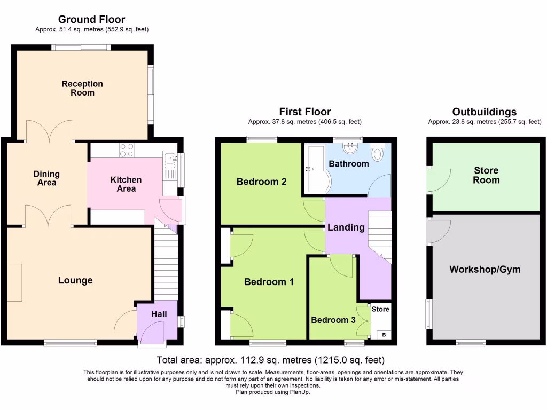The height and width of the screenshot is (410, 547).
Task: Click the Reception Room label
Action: pos(82,88)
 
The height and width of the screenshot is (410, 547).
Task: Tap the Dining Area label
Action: pos(46,178)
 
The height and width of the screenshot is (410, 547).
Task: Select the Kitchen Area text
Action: pos(126,184)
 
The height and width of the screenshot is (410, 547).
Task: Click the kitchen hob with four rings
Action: pos(127,151)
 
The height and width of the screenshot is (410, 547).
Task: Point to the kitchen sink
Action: pos(170,158)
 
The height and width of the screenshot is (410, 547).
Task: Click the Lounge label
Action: pos(75,280)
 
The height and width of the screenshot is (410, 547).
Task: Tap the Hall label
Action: pos(159,314)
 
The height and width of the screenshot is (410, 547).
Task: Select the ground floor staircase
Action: pos(166,264)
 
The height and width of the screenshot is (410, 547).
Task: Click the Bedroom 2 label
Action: pos(262,182)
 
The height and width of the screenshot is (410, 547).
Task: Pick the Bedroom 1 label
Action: pos(269,282)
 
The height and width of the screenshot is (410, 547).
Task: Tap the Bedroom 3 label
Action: pos(333,320)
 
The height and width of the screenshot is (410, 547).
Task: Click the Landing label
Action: pos(346,227)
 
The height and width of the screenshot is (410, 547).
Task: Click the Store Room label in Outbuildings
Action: pos(486,175)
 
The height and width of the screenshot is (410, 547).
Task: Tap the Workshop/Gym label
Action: pos(485,270)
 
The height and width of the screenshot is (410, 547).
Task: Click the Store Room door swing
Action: pos(439,179)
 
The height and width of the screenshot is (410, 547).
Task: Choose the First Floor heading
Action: pos(304,112)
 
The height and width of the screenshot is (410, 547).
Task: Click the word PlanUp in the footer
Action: pos(300,392)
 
